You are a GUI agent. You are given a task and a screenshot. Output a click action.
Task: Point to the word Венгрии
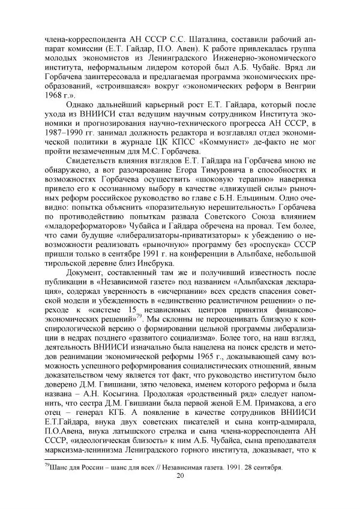point(299,85)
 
